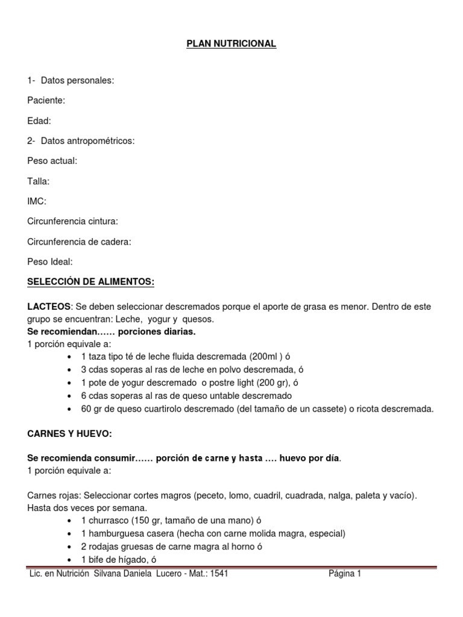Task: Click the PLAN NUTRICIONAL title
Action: pos(231,44)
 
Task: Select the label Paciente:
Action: pos(46,100)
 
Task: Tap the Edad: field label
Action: pos(40,121)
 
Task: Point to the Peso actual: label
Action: pos(52,161)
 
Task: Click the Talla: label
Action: pos(39,181)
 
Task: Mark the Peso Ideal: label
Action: pos(50,262)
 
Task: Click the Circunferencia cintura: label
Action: pos(73,221)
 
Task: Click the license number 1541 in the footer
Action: pos(218,574)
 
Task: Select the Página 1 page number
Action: pos(345,574)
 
